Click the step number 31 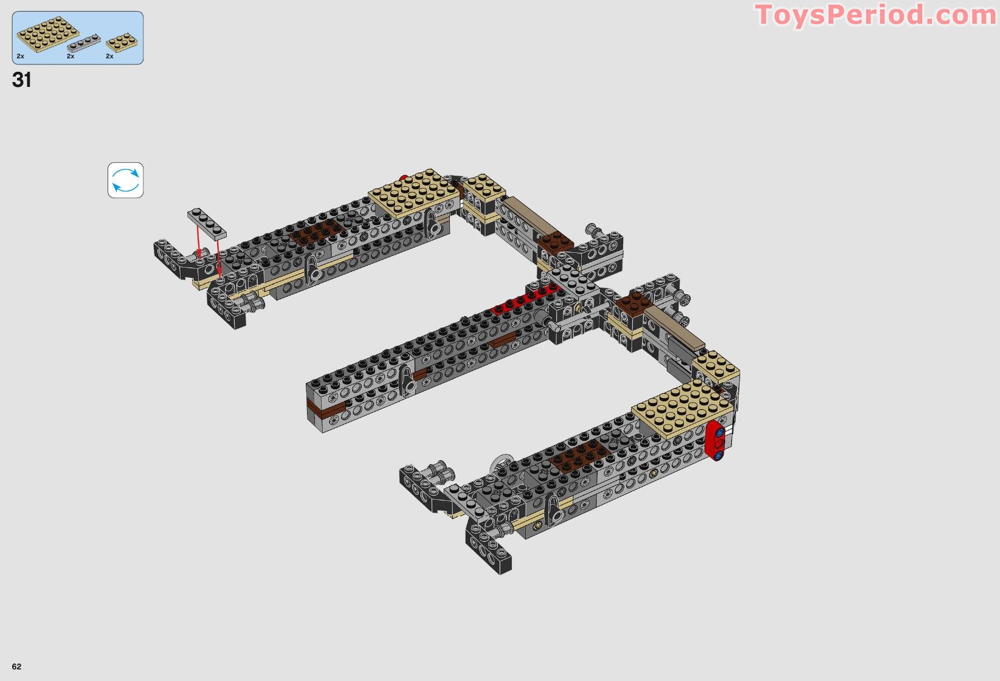pos(21,80)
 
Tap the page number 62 pos(16,666)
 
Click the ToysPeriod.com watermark pos(876,15)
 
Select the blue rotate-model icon pos(125,180)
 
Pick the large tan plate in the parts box pos(48,34)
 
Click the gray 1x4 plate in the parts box pos(84,43)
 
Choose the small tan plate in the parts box pos(122,43)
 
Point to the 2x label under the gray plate pos(71,57)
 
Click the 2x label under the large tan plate pos(20,57)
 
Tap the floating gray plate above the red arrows pos(207,224)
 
